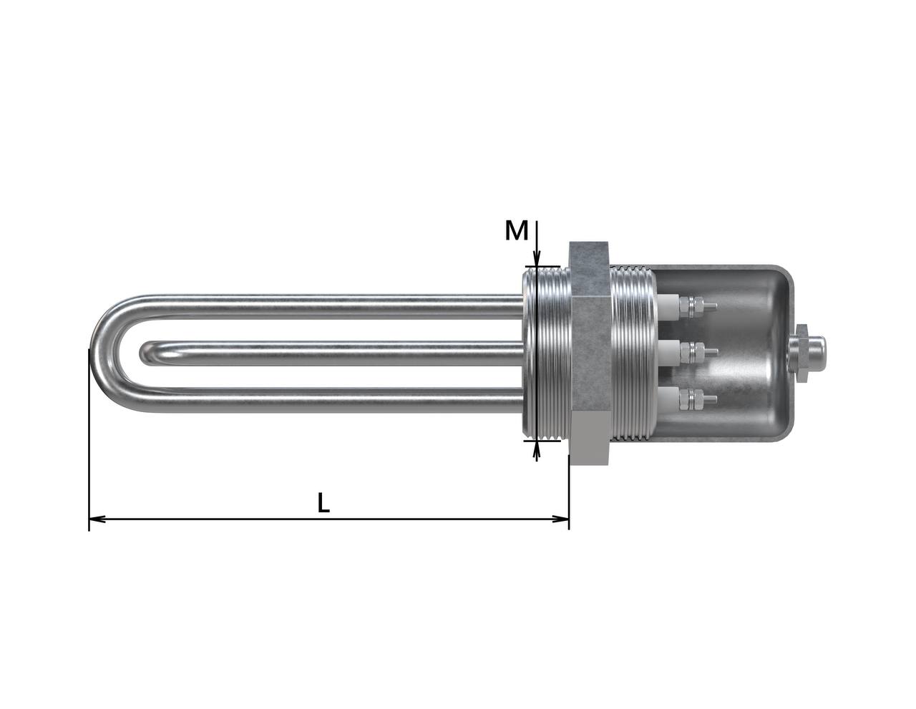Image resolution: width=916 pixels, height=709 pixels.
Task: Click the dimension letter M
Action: pos(517,230)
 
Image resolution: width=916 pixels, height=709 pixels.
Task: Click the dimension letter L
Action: pos(323,502)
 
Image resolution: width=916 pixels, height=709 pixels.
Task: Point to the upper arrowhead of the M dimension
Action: pos(536,259)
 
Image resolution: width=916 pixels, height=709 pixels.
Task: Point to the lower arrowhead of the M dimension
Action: pos(536,449)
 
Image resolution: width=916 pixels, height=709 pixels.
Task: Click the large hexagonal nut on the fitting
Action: pos(588,353)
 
